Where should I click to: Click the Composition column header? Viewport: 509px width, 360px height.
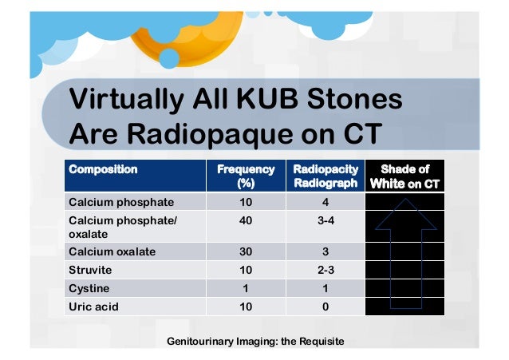click(104, 169)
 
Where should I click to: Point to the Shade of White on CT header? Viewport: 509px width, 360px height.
click(404, 176)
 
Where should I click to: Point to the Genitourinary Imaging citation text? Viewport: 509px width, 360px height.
click(254, 342)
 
